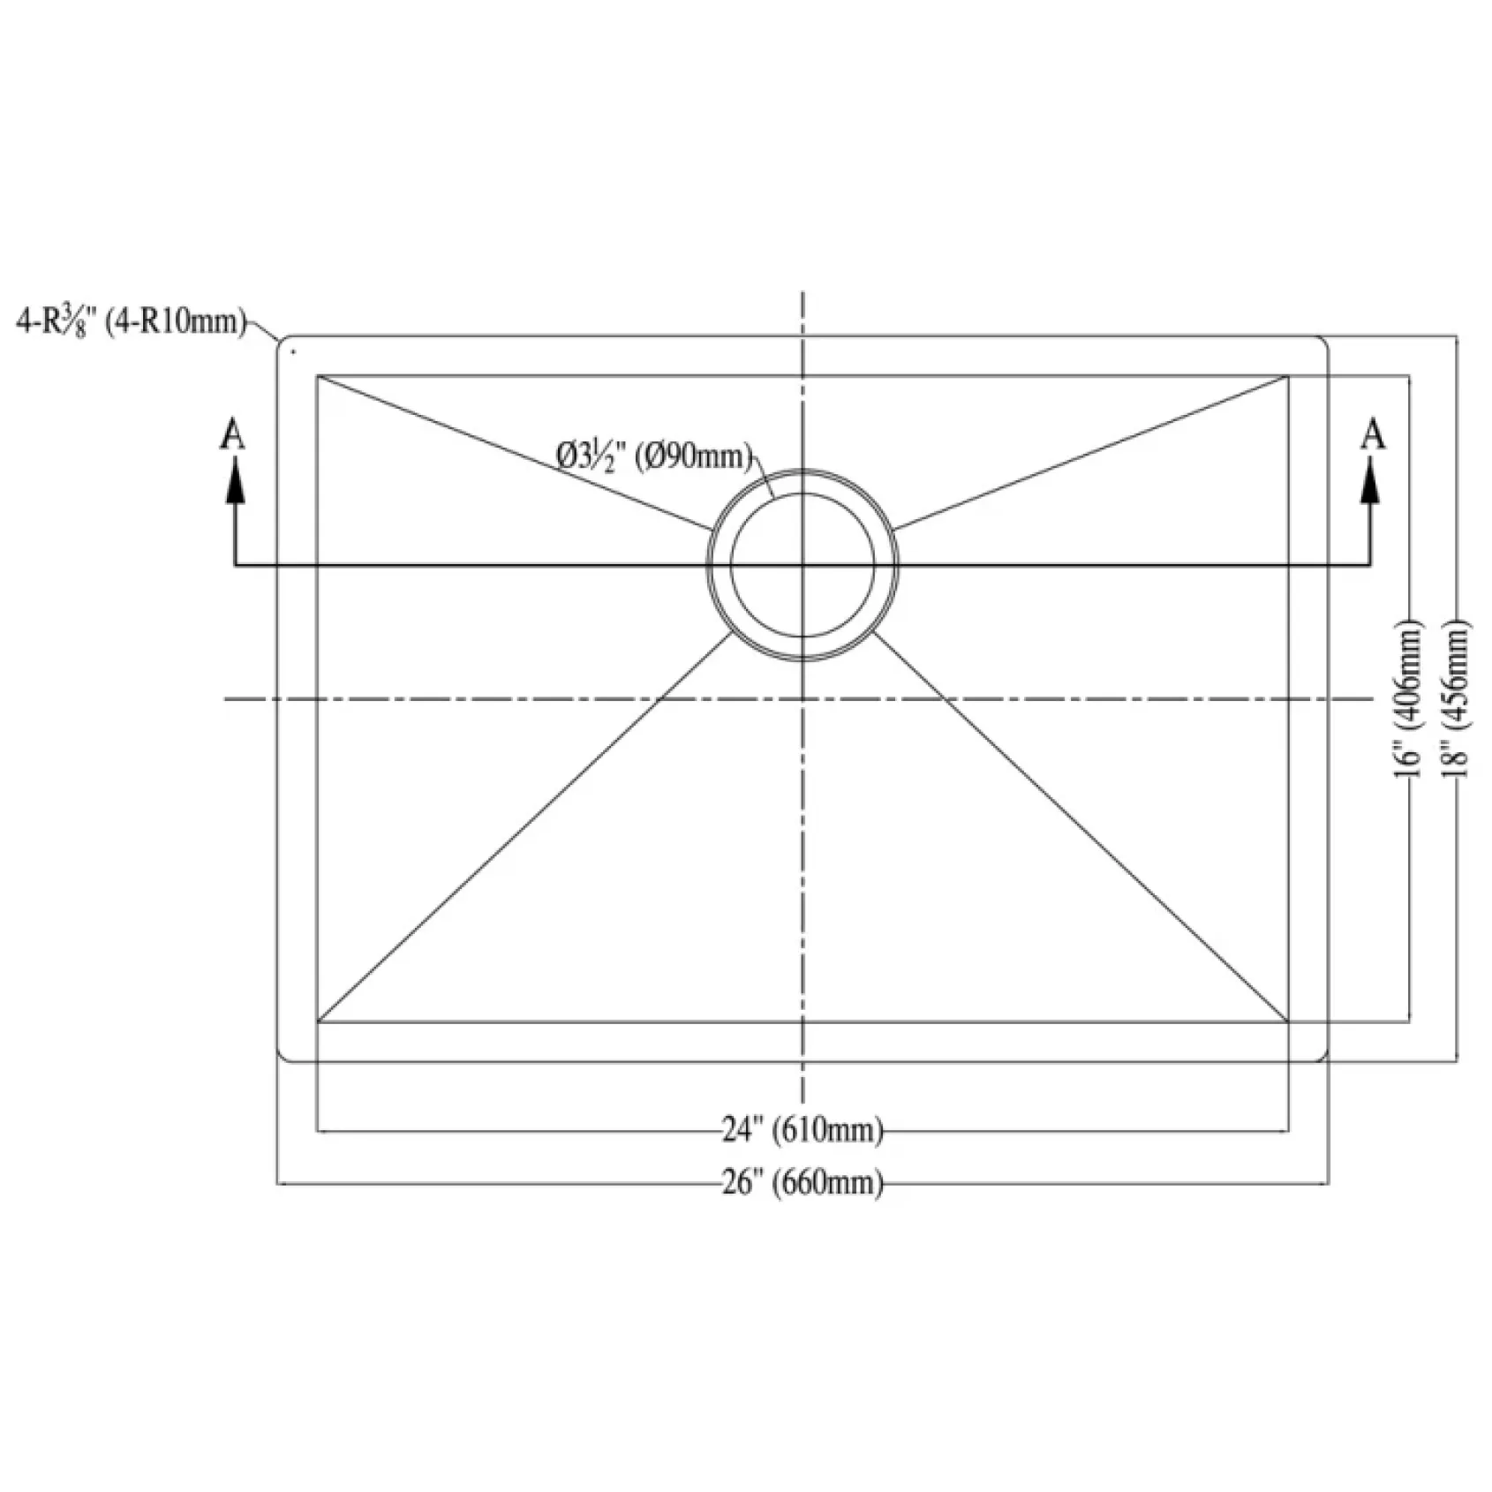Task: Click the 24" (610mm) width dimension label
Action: click(x=803, y=1130)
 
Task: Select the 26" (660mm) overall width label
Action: click(x=803, y=1183)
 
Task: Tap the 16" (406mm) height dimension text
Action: click(x=1410, y=698)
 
